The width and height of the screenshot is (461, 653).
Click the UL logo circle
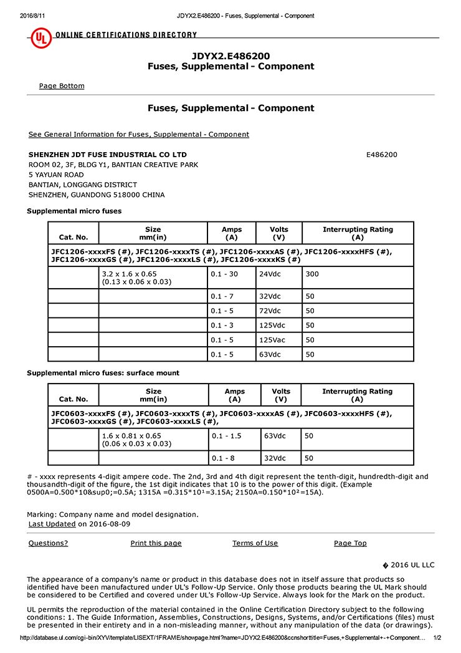coord(41,39)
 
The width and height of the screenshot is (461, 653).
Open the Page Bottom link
coord(62,86)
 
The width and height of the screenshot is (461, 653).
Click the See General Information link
coord(138,135)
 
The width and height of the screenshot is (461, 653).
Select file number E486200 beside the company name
coord(381,155)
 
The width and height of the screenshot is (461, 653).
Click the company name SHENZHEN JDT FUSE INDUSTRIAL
coord(108,155)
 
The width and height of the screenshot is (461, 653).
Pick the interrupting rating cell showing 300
coord(311,274)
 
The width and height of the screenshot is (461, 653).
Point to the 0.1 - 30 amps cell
coord(224,274)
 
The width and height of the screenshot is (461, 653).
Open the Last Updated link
coord(52,525)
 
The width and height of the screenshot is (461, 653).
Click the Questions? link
coord(49,543)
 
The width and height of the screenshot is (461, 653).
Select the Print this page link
coord(156,543)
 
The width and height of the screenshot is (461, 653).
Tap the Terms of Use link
coord(255,543)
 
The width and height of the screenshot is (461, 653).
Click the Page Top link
coord(350,543)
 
